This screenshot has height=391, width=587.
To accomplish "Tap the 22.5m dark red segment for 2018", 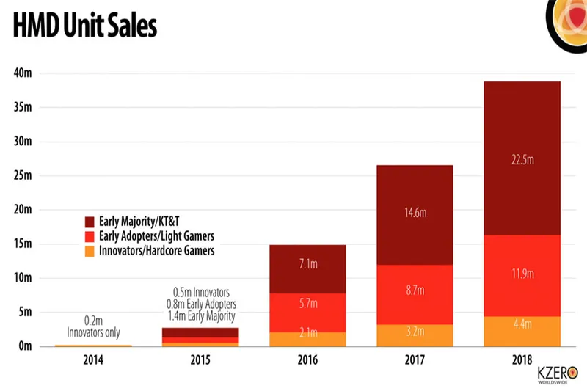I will (522, 158).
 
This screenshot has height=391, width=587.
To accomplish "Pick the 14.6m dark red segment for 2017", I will (415, 213).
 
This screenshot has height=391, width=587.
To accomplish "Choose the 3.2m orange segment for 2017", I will (415, 335).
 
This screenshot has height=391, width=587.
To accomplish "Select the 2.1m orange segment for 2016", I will (307, 338).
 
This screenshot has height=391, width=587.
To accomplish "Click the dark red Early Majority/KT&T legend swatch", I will (90, 221).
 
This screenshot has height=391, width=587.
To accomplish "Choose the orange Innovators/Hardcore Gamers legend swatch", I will (90, 251).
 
